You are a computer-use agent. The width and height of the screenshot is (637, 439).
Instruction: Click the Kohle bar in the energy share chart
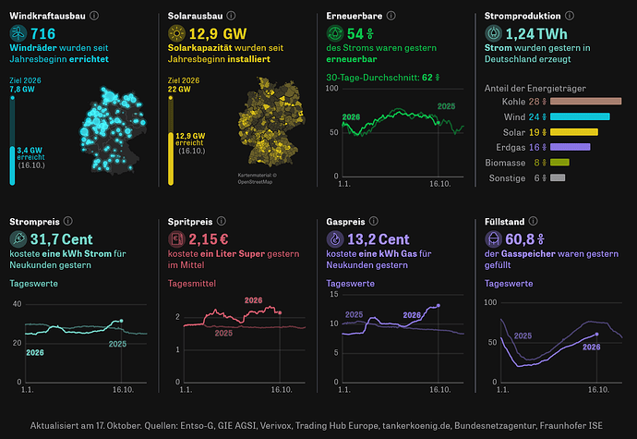click(x=585, y=102)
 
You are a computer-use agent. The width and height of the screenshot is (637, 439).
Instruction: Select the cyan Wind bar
click(x=580, y=116)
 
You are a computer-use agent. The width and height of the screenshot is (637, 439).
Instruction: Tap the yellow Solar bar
click(x=573, y=132)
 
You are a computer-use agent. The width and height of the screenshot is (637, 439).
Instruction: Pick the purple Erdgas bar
click(x=570, y=147)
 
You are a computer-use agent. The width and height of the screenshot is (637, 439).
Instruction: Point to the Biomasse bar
click(x=559, y=163)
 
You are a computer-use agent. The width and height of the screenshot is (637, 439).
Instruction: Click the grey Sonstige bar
click(x=558, y=177)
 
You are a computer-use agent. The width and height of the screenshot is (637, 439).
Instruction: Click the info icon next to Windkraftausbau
click(x=94, y=16)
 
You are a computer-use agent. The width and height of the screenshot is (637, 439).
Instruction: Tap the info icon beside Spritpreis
click(x=221, y=221)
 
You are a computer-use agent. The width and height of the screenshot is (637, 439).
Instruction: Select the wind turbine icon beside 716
click(x=18, y=33)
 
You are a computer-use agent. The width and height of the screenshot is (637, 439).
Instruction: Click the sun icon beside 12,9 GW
click(x=176, y=33)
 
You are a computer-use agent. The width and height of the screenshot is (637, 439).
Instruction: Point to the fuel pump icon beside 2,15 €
click(x=176, y=238)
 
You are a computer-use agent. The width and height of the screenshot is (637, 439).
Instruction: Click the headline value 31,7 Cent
click(x=61, y=239)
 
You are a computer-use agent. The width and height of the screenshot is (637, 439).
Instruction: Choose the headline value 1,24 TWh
click(x=536, y=34)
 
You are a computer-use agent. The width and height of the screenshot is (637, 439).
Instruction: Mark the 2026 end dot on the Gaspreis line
click(x=439, y=306)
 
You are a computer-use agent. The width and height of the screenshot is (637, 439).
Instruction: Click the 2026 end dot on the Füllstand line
click(x=596, y=334)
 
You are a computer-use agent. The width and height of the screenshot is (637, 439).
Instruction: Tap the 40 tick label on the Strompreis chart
click(x=17, y=304)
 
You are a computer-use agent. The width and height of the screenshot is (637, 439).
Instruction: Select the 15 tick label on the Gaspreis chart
click(x=334, y=295)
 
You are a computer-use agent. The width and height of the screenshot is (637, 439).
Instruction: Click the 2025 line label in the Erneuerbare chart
click(x=446, y=106)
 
